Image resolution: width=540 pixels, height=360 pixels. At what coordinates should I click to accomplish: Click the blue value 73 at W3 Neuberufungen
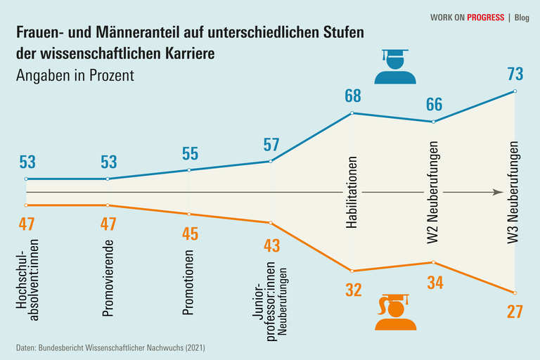[515, 74]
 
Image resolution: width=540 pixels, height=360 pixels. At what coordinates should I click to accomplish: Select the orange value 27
[515, 311]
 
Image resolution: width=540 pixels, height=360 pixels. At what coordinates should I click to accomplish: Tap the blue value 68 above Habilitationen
[352, 96]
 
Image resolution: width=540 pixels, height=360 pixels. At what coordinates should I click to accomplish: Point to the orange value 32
[352, 290]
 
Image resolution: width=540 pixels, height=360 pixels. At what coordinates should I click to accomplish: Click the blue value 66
[434, 105]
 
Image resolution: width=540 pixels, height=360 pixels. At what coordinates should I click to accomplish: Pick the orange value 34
[434, 282]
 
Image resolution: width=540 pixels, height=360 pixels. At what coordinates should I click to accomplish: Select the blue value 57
[271, 145]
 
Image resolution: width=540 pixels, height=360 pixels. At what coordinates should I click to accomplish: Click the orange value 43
[271, 245]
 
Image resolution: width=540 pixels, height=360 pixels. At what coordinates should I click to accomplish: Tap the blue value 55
[190, 153]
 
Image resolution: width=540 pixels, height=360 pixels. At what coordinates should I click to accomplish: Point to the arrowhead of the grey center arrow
[498, 192]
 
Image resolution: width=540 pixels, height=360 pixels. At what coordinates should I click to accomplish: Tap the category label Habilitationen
[352, 192]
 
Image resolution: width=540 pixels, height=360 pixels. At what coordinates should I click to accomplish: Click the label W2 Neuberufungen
[434, 193]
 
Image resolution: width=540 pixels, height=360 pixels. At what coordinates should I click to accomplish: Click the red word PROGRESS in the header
[485, 18]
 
